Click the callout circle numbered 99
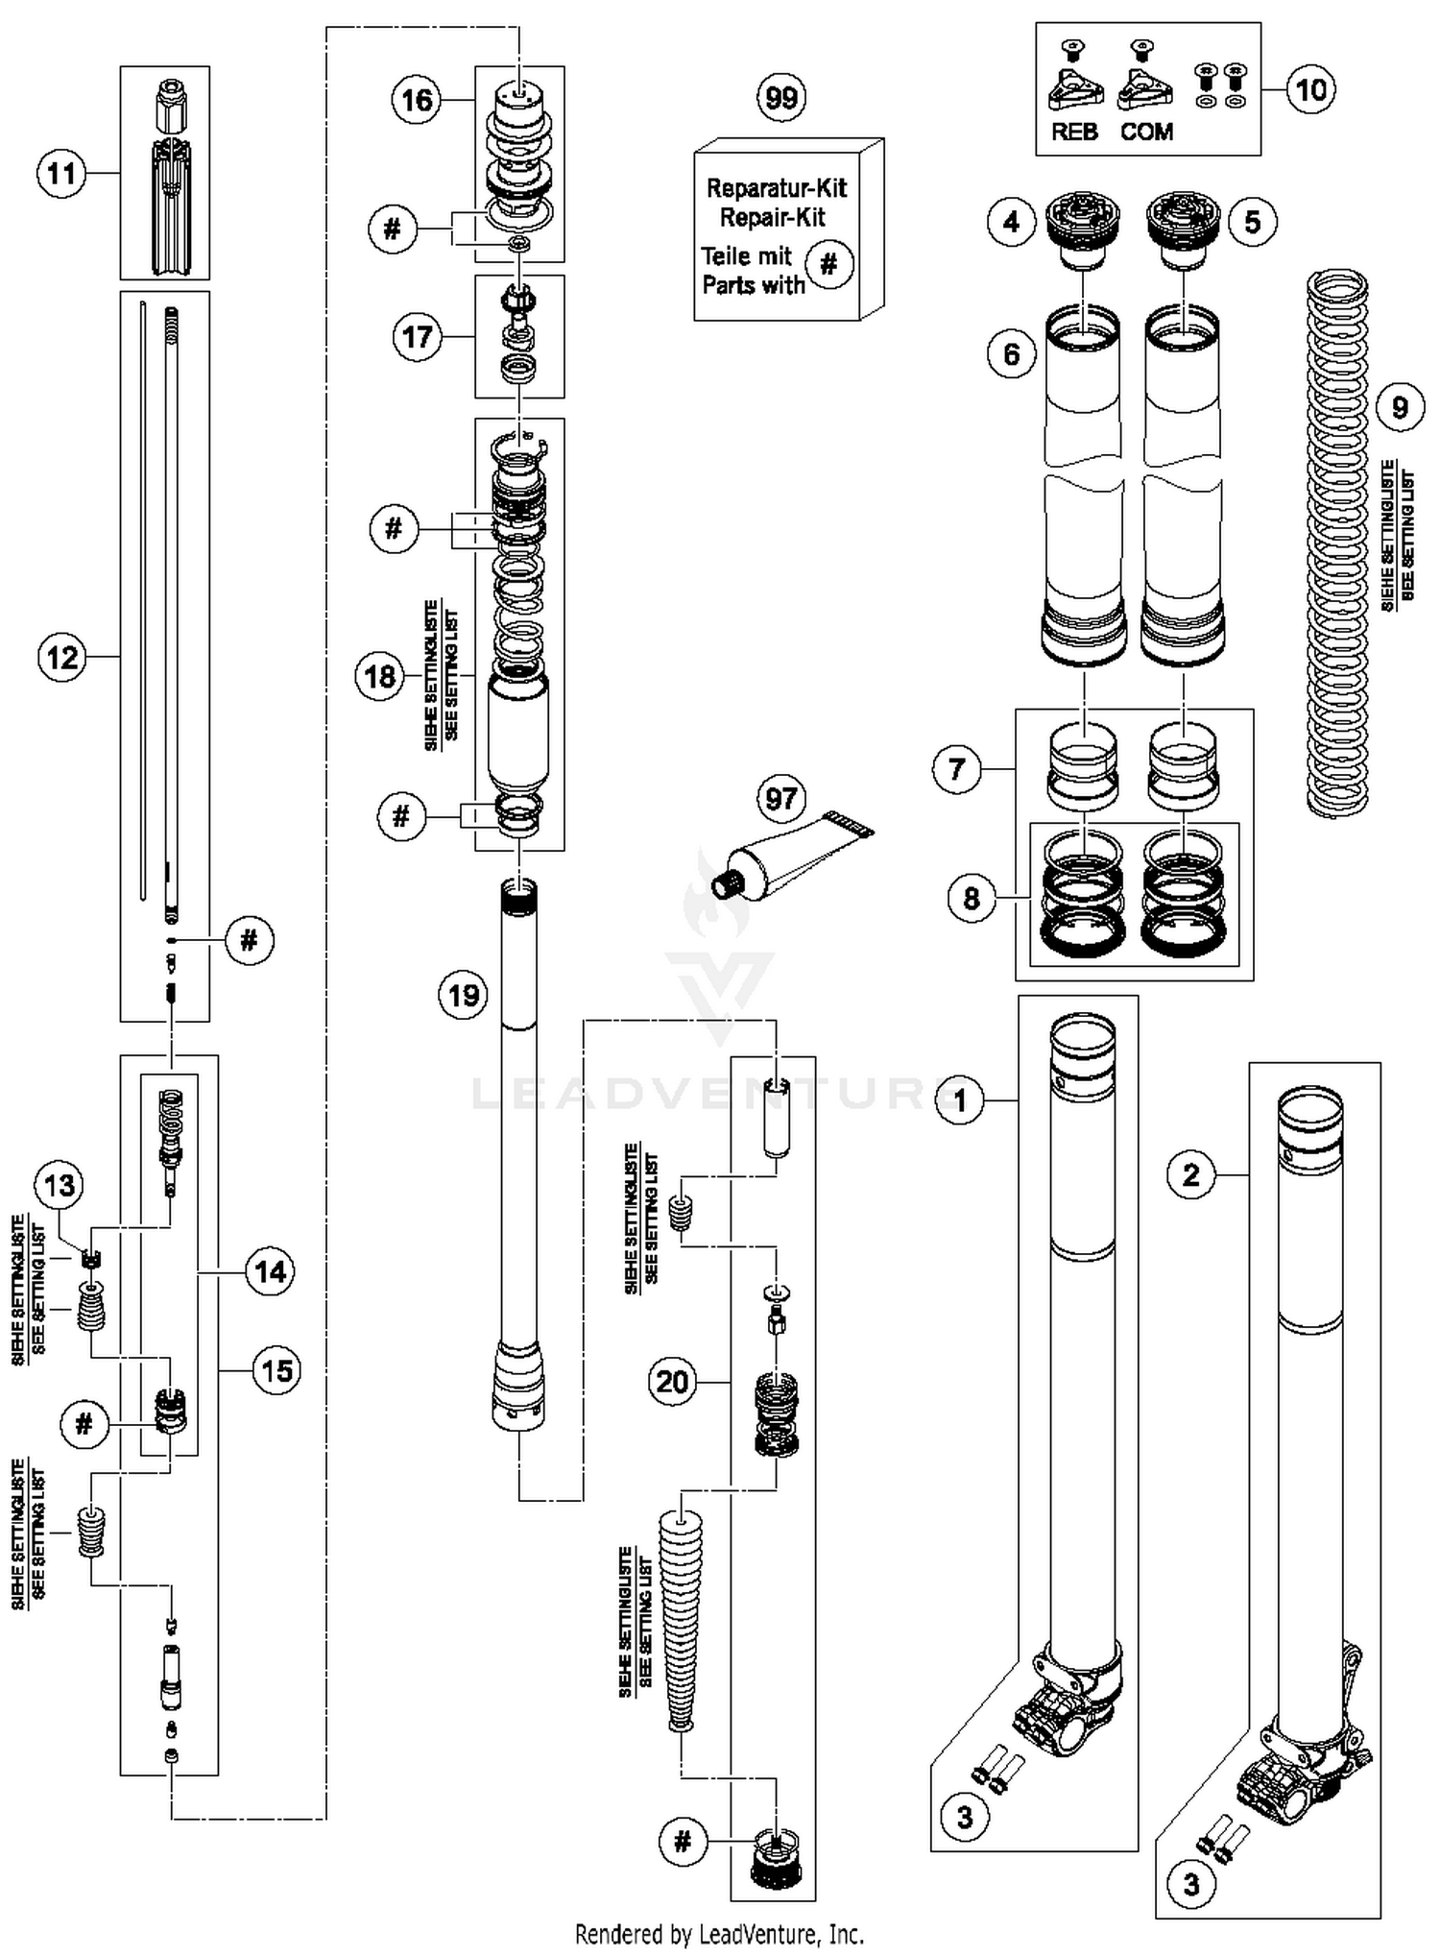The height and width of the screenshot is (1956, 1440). [x=781, y=97]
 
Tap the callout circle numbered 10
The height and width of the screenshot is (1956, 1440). [x=1310, y=89]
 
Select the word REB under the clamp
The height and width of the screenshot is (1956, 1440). [x=1074, y=132]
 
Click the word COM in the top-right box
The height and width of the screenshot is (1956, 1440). [x=1146, y=132]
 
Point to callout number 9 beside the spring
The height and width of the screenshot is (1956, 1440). [x=1399, y=407]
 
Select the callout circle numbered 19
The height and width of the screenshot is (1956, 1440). [x=464, y=995]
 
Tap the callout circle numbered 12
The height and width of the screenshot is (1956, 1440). [x=62, y=658]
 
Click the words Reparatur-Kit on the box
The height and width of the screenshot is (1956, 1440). [x=777, y=187]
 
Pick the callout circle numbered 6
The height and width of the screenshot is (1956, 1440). [x=1012, y=354]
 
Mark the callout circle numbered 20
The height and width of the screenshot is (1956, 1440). [x=672, y=1382]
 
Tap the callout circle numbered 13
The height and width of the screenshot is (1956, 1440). [x=60, y=1185]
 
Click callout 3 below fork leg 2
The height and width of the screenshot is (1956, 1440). [x=1190, y=1884]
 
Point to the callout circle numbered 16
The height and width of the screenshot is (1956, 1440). [x=417, y=100]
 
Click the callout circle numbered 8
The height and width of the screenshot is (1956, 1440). [x=972, y=898]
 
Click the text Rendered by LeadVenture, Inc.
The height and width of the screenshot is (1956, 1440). [x=719, y=1933]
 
